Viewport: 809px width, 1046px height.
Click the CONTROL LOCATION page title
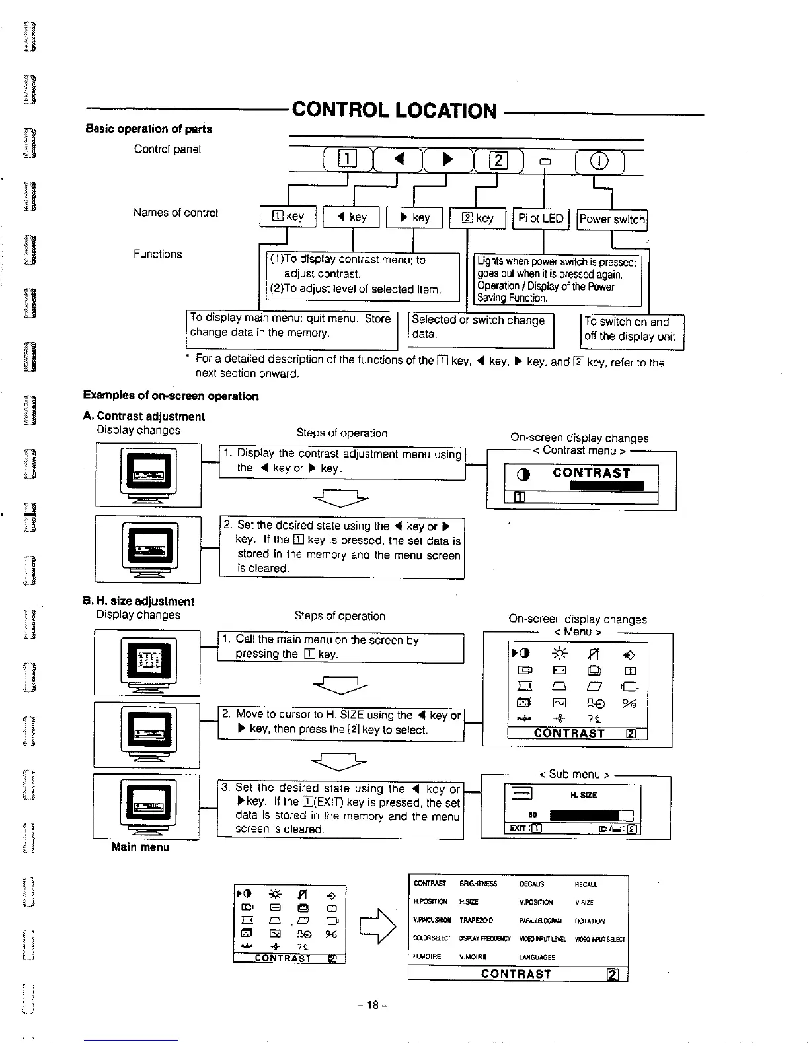[394, 110]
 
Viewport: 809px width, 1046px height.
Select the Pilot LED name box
[541, 219]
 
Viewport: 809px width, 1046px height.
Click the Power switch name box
[612, 219]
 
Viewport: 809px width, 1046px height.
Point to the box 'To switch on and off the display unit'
[631, 330]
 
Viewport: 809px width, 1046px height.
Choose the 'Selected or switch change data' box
[480, 328]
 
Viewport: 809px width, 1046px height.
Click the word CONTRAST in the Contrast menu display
[592, 473]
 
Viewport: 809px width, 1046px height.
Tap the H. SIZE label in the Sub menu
[583, 796]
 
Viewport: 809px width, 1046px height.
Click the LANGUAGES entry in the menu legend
[537, 957]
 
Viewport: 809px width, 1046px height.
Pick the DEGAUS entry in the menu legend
[531, 884]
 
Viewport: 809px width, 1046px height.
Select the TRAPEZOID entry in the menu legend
[473, 921]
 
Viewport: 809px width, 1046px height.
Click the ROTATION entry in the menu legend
[590, 921]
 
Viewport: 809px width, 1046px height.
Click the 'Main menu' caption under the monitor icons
[140, 847]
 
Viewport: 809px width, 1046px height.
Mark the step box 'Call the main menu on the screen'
[340, 647]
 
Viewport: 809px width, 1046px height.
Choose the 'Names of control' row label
[175, 213]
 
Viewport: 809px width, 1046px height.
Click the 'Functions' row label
[157, 254]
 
